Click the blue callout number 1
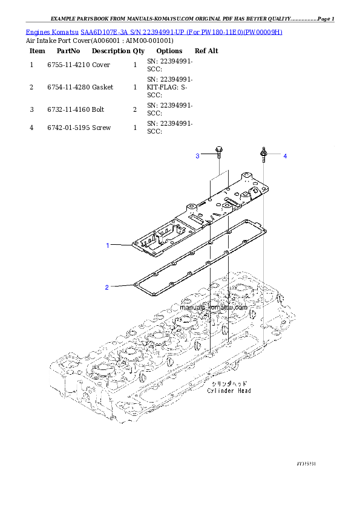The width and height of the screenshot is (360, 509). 108,245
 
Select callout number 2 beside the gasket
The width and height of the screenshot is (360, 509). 107,287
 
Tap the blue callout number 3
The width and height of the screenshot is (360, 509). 197,156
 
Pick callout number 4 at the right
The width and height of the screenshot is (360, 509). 285,156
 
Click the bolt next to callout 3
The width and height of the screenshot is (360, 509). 218,152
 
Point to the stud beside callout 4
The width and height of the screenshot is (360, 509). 264,155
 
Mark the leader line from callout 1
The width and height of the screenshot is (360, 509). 121,245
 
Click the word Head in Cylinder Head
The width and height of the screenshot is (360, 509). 244,391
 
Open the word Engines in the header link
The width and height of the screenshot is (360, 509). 37,31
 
